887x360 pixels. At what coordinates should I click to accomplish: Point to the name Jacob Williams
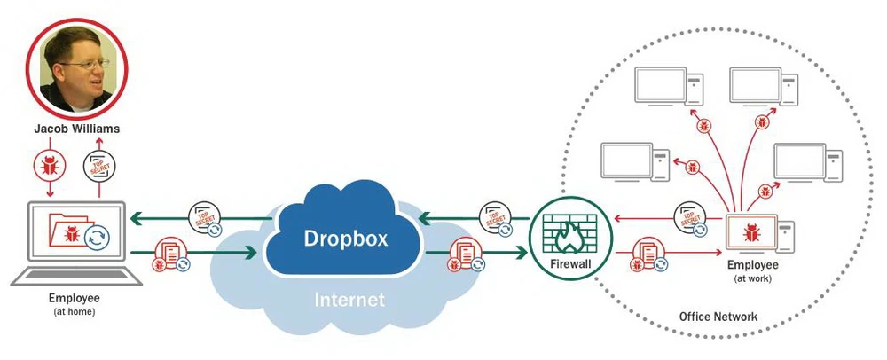76,129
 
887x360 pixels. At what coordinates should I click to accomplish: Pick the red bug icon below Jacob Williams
48,166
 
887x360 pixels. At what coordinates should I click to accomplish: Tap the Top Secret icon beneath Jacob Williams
99,166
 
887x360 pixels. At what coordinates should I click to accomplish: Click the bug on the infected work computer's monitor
751,231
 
